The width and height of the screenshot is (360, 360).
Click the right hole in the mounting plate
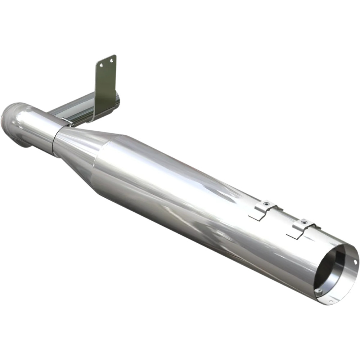111,61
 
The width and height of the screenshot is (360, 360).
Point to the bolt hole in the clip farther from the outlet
266,204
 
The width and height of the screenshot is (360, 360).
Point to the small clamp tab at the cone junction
67,122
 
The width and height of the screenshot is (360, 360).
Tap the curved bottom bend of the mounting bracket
94,117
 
